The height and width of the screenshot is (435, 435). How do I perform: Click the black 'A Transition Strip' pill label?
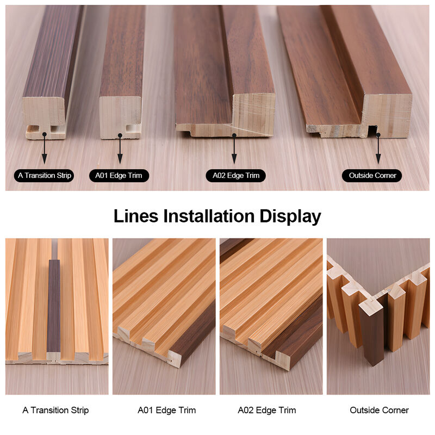pos(44,176)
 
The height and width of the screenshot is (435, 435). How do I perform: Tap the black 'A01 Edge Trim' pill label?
pos(119,176)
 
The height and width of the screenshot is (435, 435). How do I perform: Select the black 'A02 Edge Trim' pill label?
pos(236,176)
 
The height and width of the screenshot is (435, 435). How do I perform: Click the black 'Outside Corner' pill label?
pos(372,176)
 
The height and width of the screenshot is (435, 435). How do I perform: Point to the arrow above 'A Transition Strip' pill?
pos(45,148)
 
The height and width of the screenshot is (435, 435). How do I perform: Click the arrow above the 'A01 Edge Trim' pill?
pos(120,148)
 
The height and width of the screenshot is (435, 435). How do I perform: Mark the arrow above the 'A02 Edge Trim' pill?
pos(234,148)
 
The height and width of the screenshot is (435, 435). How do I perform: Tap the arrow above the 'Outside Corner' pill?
pos(378,148)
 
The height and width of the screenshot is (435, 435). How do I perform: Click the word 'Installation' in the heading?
pos(209,216)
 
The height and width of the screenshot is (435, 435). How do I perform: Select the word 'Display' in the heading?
pos(290,216)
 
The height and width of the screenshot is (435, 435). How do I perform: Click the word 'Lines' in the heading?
pos(136,216)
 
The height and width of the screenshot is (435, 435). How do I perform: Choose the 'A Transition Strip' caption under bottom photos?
pos(55,410)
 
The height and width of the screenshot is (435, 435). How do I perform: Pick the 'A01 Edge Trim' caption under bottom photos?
pos(167,410)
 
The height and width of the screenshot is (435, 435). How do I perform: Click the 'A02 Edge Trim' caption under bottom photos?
pos(267,410)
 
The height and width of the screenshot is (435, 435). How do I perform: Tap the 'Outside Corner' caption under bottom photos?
pos(379,410)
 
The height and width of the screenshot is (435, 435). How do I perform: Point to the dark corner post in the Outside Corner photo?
pos(372,333)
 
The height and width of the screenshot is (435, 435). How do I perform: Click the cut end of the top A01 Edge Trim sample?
pos(120,117)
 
